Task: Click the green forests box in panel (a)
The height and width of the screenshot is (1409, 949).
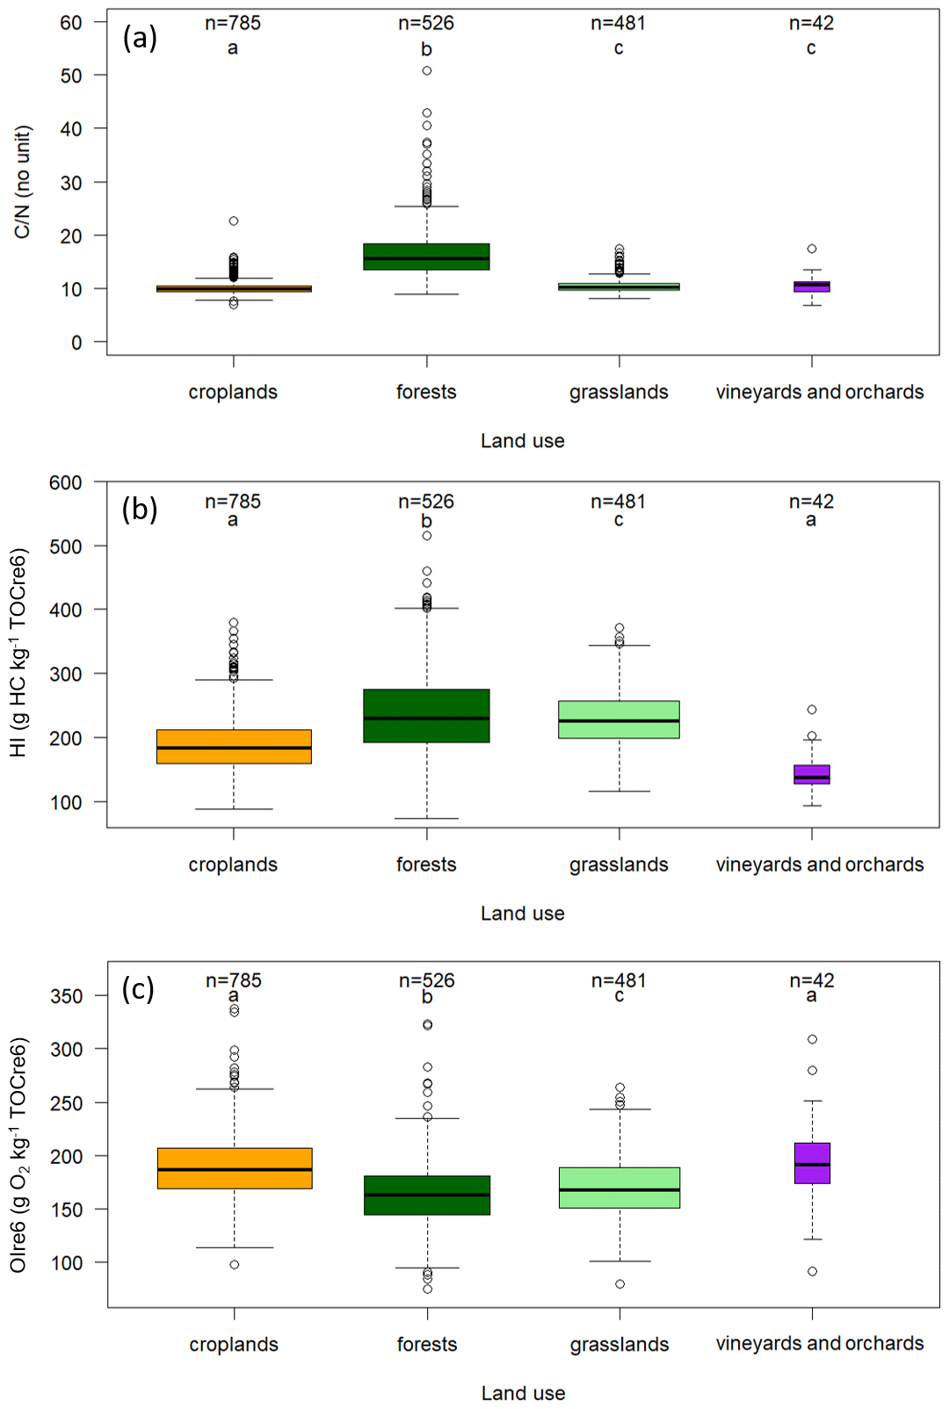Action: [x=426, y=257]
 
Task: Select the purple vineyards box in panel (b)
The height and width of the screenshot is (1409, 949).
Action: [x=811, y=774]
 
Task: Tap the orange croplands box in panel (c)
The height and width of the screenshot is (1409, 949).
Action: [x=235, y=1168]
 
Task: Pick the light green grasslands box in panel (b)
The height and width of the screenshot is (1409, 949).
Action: [x=619, y=719]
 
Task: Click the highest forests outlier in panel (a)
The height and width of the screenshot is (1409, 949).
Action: [x=427, y=71]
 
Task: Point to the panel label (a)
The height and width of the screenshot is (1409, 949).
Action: [x=140, y=38]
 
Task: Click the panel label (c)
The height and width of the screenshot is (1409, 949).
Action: [x=139, y=989]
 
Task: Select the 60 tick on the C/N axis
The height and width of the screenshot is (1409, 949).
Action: [x=71, y=23]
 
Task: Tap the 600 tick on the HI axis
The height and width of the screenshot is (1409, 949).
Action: [x=66, y=482]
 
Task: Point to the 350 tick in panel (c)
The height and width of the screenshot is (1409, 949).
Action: [x=67, y=996]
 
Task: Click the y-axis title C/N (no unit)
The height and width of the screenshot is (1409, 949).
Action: [x=22, y=182]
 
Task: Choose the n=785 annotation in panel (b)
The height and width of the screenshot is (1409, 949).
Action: [x=233, y=502]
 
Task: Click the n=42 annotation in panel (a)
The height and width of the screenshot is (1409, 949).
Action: [x=811, y=24]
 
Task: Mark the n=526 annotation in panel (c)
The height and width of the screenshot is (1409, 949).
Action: [x=427, y=980]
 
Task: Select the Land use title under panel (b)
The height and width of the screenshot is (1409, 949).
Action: [x=522, y=914]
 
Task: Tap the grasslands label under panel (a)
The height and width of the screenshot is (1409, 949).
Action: [x=619, y=392]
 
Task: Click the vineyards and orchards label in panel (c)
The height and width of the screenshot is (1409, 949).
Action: [x=819, y=1343]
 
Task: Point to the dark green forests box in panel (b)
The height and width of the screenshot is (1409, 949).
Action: [x=426, y=716]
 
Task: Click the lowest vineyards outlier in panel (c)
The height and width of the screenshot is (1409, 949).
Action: [x=812, y=1271]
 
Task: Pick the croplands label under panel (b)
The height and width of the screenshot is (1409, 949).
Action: [x=233, y=864]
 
